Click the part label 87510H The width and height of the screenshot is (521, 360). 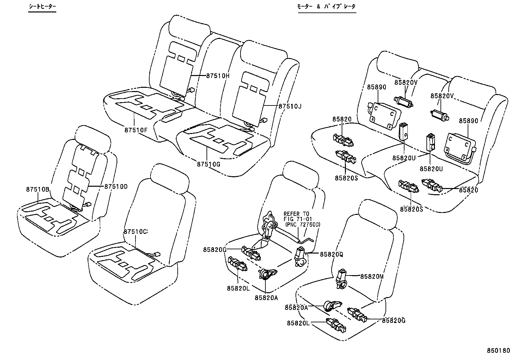(x=218, y=76)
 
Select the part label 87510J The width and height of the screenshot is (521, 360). (x=290, y=106)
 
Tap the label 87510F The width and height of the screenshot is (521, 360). (x=136, y=129)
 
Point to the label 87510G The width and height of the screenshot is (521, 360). (x=208, y=164)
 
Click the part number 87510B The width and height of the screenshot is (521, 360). (x=38, y=189)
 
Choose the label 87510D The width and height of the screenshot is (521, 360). (x=116, y=186)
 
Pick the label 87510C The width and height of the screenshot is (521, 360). (x=135, y=231)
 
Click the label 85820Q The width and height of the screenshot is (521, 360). (x=331, y=254)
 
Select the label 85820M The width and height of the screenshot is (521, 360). (x=372, y=276)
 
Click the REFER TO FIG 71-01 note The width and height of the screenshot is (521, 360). (x=298, y=219)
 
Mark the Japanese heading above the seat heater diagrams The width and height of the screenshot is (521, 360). (x=42, y=7)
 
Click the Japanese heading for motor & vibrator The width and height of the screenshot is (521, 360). (x=326, y=7)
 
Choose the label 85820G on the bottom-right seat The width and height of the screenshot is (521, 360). (x=393, y=320)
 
